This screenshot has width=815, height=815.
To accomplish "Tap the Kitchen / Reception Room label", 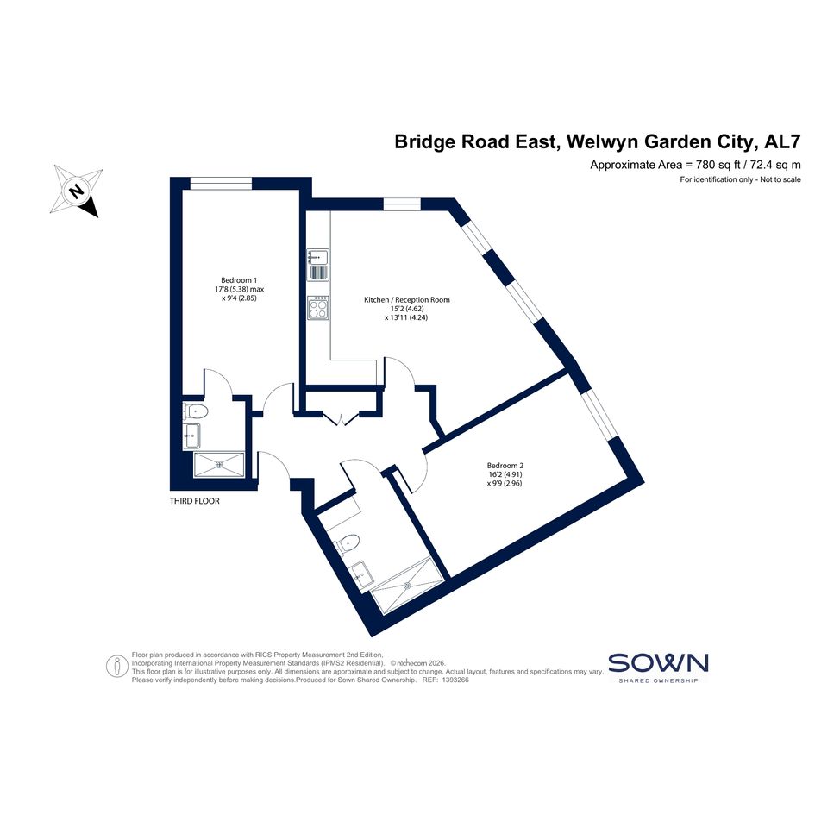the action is pos(406,300).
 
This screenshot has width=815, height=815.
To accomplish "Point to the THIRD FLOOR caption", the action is pos(194,501).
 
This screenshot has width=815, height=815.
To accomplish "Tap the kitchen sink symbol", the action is pos(318,257).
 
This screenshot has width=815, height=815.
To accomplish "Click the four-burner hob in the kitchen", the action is pos(318,308).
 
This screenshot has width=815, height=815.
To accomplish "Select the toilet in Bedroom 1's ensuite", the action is pos(196,411).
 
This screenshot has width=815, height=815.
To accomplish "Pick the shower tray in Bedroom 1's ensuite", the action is pos(219,464).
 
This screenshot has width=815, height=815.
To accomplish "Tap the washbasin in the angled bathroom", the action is pos(361,574).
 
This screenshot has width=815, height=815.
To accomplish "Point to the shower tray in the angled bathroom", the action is pos(409,585).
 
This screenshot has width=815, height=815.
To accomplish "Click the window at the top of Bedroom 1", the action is pos(221,184).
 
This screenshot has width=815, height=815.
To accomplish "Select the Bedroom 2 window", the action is pos(599,414).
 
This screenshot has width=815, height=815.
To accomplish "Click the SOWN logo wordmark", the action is pos(658,662).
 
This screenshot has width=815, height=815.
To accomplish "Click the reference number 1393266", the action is pos(455,680).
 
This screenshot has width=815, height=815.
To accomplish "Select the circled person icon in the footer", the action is pos(117,666).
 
